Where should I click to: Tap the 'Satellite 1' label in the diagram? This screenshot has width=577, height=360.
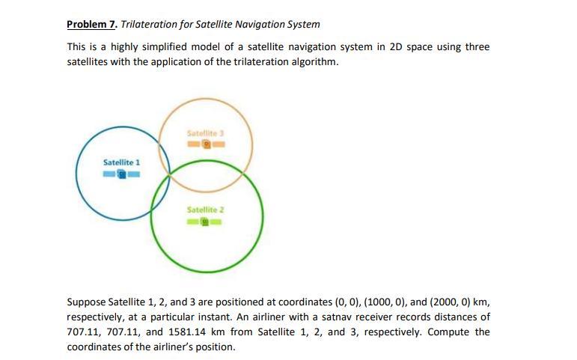[122, 162]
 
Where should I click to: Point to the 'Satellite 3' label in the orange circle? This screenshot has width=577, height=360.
[206, 132]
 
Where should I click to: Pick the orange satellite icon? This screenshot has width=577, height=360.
[207, 144]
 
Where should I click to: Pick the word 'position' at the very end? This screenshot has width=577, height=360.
[214, 347]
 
